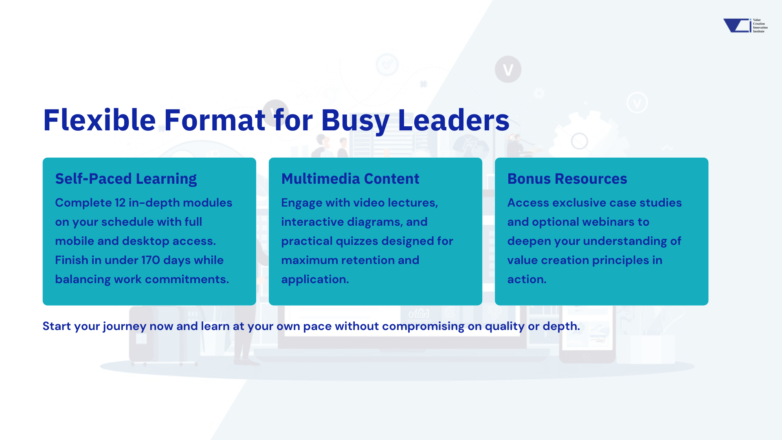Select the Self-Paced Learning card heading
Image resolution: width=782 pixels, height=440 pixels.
click(x=126, y=179)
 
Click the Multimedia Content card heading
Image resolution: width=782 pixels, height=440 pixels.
click(x=350, y=179)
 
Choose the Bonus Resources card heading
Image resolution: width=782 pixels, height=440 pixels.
click(x=567, y=179)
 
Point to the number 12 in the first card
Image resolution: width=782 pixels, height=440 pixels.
click(x=120, y=202)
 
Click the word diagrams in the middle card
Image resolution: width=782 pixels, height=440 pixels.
click(x=375, y=222)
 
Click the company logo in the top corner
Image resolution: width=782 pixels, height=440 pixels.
click(x=745, y=25)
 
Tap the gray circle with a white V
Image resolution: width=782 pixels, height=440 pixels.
click(x=508, y=69)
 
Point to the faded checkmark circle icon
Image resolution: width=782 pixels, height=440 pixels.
click(x=387, y=64)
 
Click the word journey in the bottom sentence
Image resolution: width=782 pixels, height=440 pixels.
click(x=125, y=326)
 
